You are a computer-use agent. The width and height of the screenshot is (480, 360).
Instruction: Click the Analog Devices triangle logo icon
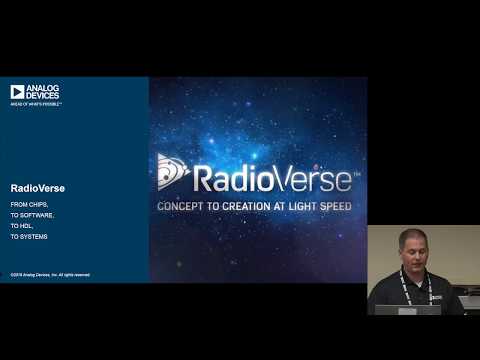[17, 92]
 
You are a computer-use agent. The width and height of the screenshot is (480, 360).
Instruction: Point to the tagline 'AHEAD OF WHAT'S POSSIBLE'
[35, 104]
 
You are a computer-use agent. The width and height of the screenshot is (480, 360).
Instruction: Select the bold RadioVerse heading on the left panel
[33, 186]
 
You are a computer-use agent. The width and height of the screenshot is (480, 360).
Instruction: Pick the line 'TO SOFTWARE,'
[32, 215]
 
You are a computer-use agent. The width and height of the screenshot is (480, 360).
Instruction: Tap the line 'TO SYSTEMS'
[29, 237]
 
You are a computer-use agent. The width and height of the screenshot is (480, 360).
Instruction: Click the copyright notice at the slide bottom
[50, 274]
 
